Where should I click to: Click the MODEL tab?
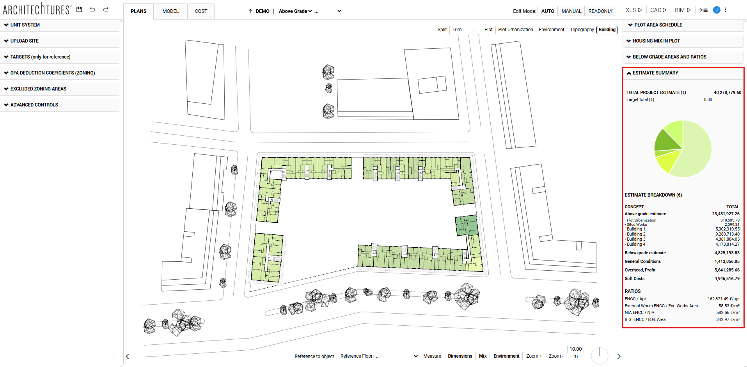pos(170,11)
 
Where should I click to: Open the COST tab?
pos(201,11)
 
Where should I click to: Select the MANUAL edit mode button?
pos(571,11)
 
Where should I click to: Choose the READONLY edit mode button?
pos(600,11)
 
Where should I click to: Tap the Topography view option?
pos(582,30)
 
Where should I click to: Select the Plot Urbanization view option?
pos(515,30)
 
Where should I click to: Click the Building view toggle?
pos(607,30)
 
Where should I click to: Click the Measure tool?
pos(432,356)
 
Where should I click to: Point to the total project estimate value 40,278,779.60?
pos(727,92)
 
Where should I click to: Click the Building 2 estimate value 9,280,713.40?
pos(727,234)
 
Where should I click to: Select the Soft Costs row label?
pos(634,278)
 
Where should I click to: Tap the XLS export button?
pos(633,10)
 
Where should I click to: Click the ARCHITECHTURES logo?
pos(37,9)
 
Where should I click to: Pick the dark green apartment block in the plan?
pos(467,225)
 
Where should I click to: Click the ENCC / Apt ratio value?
pos(723,299)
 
